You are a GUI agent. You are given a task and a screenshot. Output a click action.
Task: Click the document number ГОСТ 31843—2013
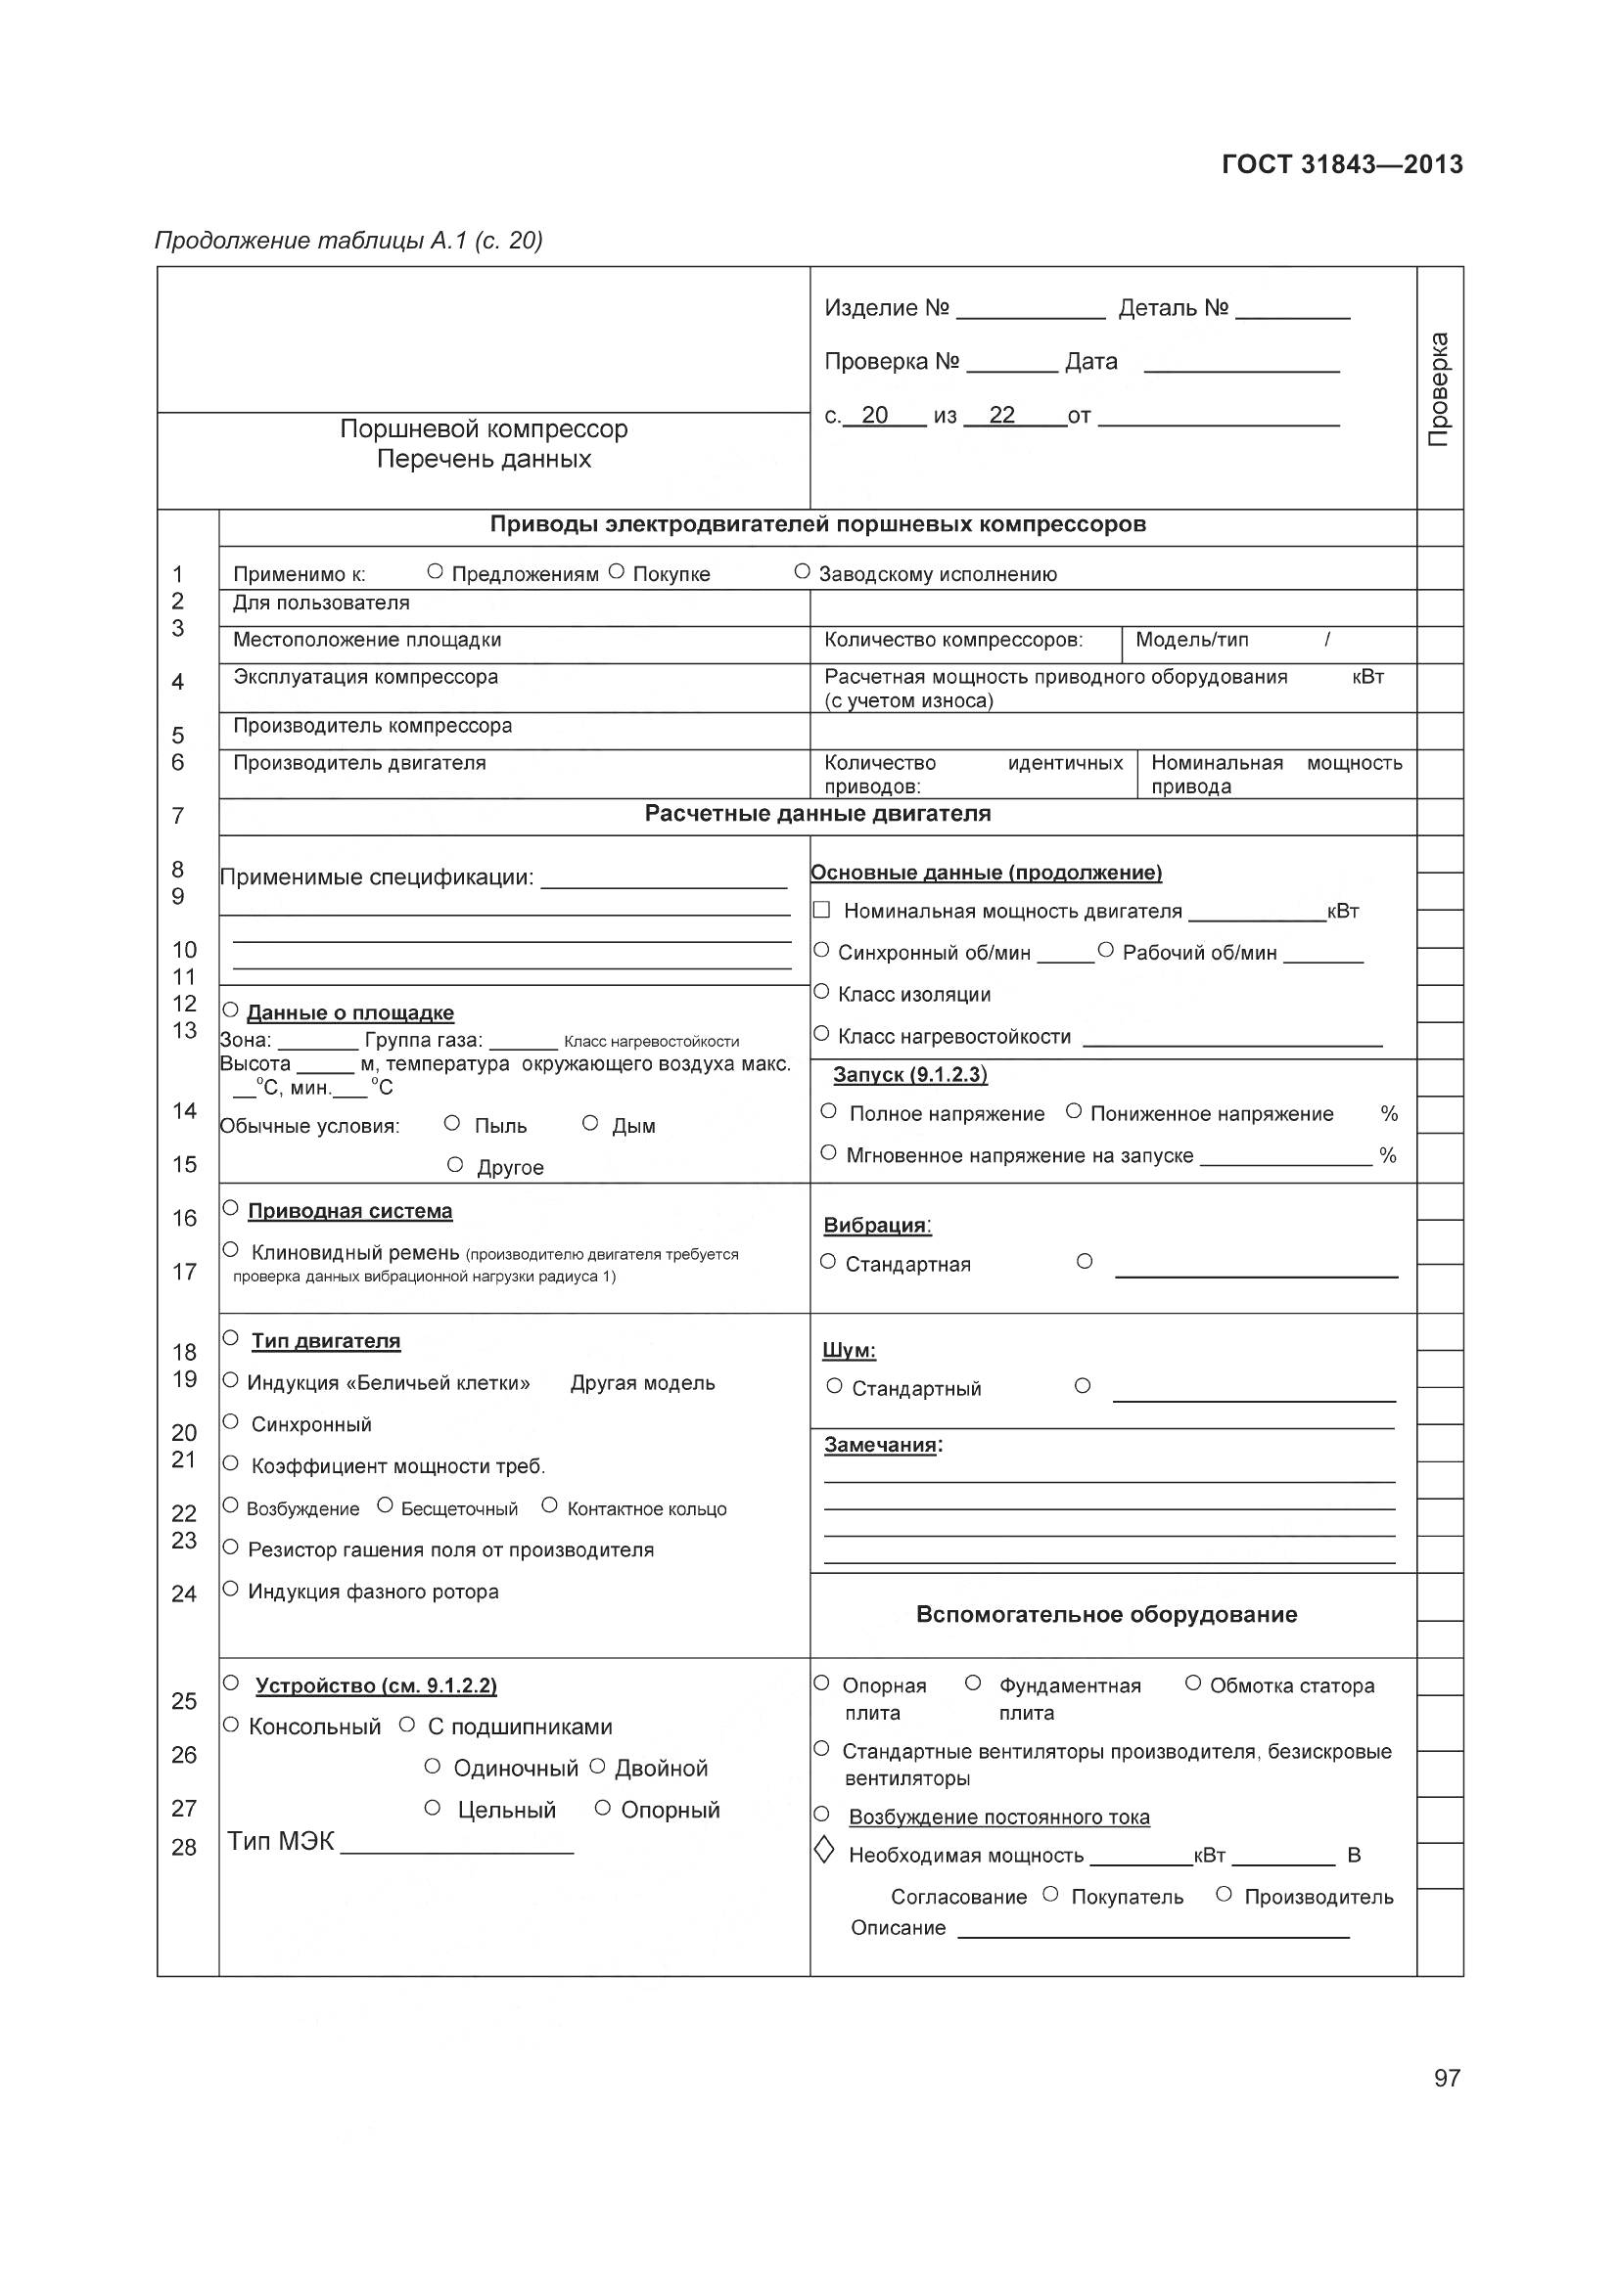pyautogui.click(x=1341, y=164)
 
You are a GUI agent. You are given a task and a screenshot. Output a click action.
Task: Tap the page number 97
pyautogui.click(x=1447, y=2078)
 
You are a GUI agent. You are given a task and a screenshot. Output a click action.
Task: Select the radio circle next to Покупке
pyautogui.click(x=616, y=572)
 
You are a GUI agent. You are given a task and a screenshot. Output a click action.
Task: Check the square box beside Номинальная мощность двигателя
pyautogui.click(x=821, y=910)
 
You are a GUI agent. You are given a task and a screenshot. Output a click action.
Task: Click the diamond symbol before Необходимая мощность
pyautogui.click(x=823, y=1852)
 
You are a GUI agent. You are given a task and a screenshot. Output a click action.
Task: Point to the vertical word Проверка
pyautogui.click(x=1439, y=389)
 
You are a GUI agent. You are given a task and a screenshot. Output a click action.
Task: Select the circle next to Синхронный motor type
pyautogui.click(x=230, y=1422)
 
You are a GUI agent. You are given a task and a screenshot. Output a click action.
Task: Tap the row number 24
pyautogui.click(x=183, y=1594)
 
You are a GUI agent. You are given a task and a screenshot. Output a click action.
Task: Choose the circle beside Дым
pyautogui.click(x=590, y=1124)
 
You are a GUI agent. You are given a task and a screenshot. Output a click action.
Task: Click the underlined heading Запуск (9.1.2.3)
pyautogui.click(x=910, y=1074)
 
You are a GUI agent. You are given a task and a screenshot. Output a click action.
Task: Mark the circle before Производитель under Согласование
pyautogui.click(x=1225, y=1895)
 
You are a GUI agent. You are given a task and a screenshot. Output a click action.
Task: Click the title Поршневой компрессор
pyautogui.click(x=484, y=429)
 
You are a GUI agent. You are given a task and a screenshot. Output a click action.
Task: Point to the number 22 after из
pyautogui.click(x=1001, y=415)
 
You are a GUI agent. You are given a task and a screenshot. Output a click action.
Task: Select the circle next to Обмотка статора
pyautogui.click(x=1192, y=1683)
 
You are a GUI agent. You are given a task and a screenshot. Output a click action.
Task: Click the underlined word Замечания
pyautogui.click(x=880, y=1446)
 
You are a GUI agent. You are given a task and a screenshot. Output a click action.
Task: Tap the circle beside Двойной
pyautogui.click(x=597, y=1767)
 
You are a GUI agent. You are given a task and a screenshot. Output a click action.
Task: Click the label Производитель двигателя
pyautogui.click(x=359, y=763)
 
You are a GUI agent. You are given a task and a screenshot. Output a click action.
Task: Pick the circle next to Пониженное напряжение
pyautogui.click(x=1074, y=1111)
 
